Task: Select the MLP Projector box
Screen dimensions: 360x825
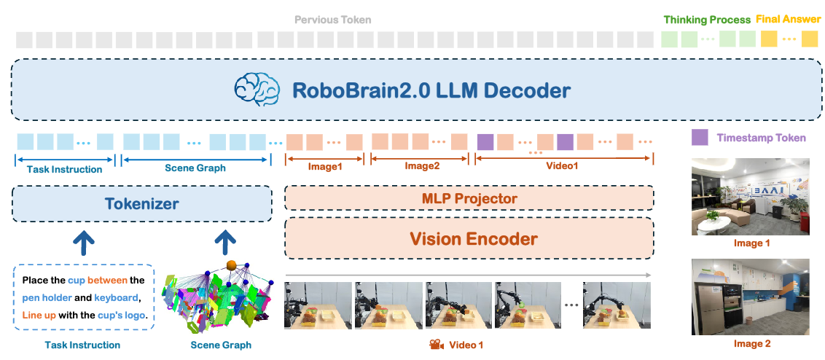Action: (469, 198)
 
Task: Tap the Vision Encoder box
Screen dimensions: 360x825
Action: (469, 238)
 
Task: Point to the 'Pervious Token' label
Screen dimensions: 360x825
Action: (332, 20)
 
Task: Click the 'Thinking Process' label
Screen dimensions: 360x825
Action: (706, 20)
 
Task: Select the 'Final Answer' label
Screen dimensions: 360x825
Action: (788, 19)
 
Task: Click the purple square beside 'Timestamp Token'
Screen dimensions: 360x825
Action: (699, 137)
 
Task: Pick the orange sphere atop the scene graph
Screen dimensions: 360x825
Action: (231, 265)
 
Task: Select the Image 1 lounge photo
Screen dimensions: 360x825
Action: (750, 197)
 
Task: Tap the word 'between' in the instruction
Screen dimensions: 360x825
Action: (108, 280)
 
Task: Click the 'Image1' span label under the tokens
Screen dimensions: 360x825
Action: (325, 167)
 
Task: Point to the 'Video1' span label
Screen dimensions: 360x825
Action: (562, 167)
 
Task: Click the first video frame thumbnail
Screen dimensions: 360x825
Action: (318, 305)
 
